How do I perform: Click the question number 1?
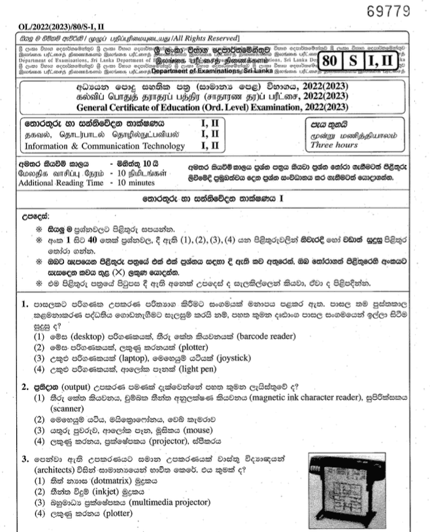point(24,304)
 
